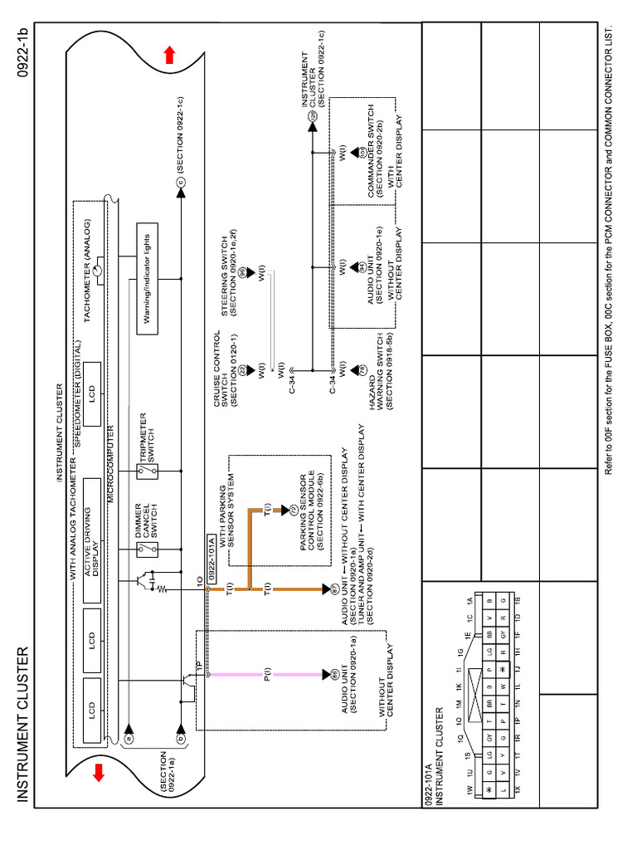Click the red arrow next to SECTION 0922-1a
[x=99, y=772]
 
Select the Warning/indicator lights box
[x=147, y=278]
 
